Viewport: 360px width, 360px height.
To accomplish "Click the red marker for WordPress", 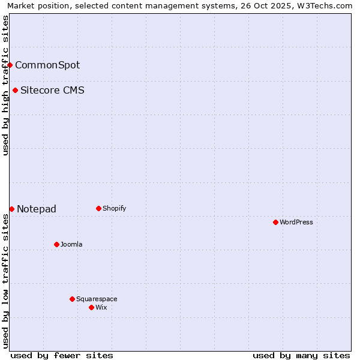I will coord(275,222).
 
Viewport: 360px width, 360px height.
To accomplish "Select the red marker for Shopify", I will coord(98,208).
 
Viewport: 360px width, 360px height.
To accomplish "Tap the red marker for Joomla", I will coord(56,244).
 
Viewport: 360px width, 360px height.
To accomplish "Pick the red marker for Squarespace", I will coord(72,299).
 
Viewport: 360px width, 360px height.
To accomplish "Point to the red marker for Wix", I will coord(91,307).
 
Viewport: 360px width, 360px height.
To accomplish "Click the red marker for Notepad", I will coord(11,209).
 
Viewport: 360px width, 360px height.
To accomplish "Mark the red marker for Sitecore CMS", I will coord(15,91).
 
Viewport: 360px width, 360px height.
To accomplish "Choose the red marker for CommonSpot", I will coord(10,65).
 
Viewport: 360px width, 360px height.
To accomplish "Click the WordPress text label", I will coord(296,222).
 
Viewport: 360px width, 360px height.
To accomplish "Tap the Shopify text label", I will coord(114,208).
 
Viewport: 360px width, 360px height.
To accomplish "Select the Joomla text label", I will coord(71,244).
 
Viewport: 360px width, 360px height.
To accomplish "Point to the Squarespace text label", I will coord(97,299).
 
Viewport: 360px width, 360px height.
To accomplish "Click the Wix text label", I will coord(101,307).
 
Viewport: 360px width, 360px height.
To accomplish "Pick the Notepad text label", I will coord(37,209).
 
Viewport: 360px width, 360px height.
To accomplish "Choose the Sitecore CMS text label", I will coord(52,91).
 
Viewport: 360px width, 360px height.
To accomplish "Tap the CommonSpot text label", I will coord(47,65).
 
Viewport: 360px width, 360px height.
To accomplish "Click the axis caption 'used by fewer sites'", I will coord(62,355).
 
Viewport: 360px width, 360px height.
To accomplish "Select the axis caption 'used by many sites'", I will coord(301,355).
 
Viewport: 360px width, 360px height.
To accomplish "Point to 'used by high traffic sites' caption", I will coord(5,85).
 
